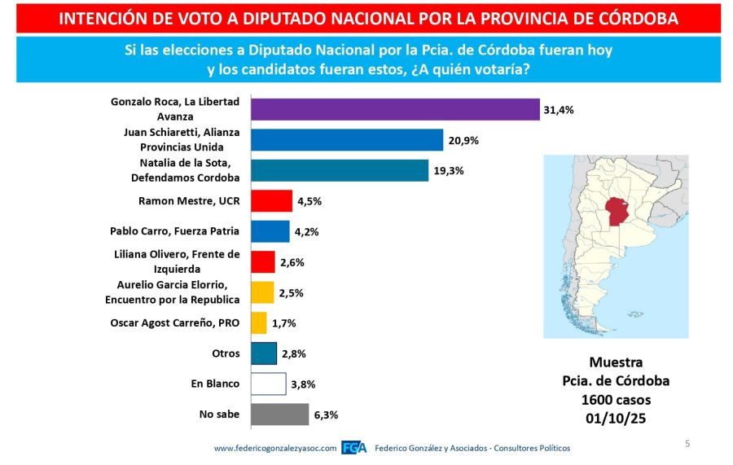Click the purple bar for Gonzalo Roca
[x=395, y=109]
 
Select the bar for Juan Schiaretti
[x=347, y=140]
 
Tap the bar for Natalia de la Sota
[x=340, y=170]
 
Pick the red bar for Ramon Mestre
[x=271, y=200]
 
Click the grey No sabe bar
[x=279, y=415]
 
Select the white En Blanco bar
[x=268, y=384]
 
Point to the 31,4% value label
[x=560, y=110]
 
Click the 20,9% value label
[x=463, y=140]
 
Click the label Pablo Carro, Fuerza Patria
[x=174, y=231]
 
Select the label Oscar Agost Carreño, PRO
[x=174, y=323]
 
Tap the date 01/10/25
[x=615, y=418]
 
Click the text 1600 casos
[x=615, y=400]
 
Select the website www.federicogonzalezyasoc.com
[x=275, y=448]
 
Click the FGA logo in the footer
[x=353, y=448]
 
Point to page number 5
[x=687, y=444]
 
